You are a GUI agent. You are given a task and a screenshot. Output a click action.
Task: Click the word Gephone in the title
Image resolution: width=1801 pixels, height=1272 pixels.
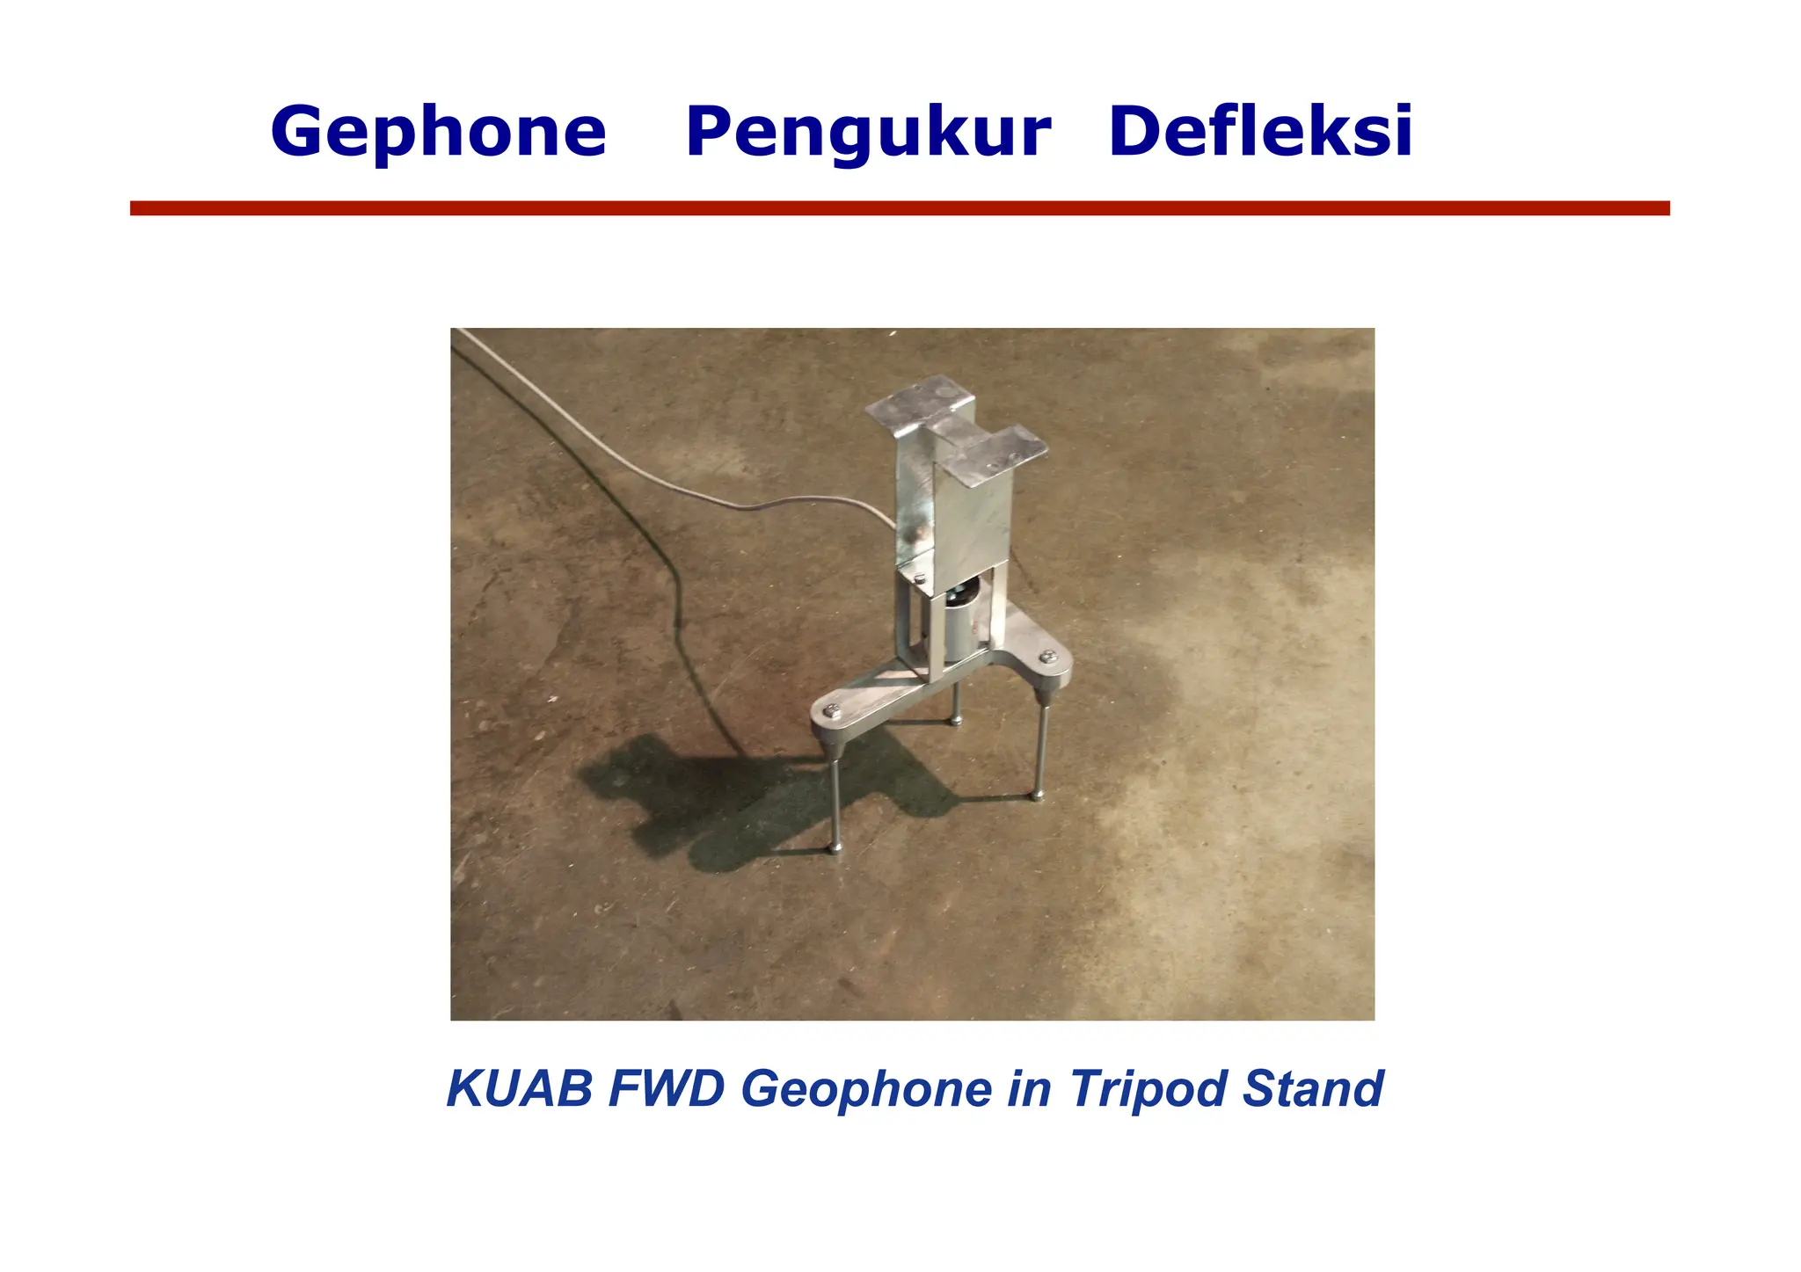tap(438, 132)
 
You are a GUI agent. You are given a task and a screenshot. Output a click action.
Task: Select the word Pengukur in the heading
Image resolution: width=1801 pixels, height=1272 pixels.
tap(867, 132)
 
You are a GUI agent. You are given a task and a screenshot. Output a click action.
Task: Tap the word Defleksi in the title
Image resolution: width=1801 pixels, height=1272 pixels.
tap(1260, 132)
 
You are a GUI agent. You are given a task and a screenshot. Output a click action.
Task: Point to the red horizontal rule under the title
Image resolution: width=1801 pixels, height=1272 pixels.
tap(899, 208)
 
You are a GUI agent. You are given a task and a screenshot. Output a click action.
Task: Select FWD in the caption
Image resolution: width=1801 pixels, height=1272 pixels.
tap(667, 1088)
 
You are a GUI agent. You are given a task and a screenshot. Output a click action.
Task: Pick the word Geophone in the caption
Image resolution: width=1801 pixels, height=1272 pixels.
tap(867, 1088)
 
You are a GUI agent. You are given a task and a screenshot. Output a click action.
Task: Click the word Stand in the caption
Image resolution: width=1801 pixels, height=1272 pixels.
tap(1313, 1088)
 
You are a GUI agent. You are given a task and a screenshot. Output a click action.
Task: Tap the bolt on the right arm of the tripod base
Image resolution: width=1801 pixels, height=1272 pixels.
tap(1047, 657)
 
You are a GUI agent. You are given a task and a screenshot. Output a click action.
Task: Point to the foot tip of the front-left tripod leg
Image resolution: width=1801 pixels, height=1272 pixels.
tap(835, 847)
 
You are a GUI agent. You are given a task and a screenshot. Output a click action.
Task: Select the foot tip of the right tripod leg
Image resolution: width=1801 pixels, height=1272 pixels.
tap(1038, 796)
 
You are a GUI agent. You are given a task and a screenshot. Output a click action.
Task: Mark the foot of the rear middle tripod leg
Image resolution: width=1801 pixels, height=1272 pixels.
tap(955, 722)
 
